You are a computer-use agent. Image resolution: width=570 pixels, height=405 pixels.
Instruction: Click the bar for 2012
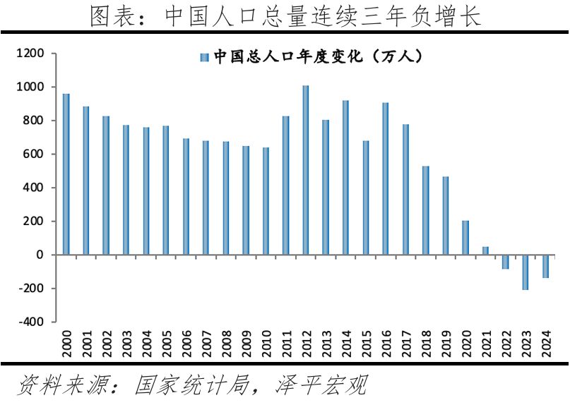pos(306,170)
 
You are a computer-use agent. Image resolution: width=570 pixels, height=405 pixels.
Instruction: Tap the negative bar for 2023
pos(526,272)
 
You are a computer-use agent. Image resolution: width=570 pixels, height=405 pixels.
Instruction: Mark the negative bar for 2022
pos(505,262)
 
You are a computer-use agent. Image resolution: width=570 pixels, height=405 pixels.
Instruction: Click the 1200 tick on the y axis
pos(31,54)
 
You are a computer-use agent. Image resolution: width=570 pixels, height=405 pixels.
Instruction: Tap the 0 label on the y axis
pos(40,255)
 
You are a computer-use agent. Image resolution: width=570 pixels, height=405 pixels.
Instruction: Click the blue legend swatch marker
pos(204,56)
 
